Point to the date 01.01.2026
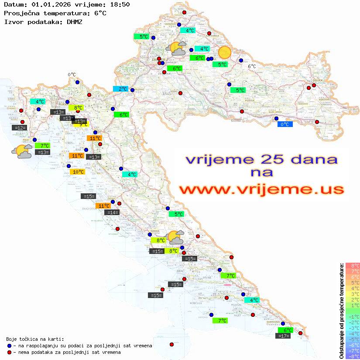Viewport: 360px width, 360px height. [x=49, y=4]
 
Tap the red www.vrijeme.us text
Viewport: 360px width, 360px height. [x=261, y=189]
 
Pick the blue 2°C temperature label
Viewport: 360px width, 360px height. [x=120, y=89]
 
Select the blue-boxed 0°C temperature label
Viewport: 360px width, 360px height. [x=285, y=124]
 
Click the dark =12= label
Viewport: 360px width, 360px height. [x=20, y=128]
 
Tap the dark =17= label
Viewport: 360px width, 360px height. [x=284, y=336]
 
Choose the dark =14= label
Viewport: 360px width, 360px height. [x=112, y=213]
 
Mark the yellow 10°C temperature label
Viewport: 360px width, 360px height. [x=78, y=172]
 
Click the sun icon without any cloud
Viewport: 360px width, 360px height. [x=224, y=52]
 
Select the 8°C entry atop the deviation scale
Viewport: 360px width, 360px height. [x=352, y=266]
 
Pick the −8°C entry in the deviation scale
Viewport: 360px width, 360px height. [x=352, y=357]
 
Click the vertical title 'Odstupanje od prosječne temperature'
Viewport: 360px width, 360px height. [x=342, y=311]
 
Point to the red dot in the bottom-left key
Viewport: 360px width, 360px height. [x=10, y=352]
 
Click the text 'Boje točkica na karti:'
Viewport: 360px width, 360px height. [x=35, y=339]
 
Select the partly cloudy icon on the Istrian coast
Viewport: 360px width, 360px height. [x=22, y=151]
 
